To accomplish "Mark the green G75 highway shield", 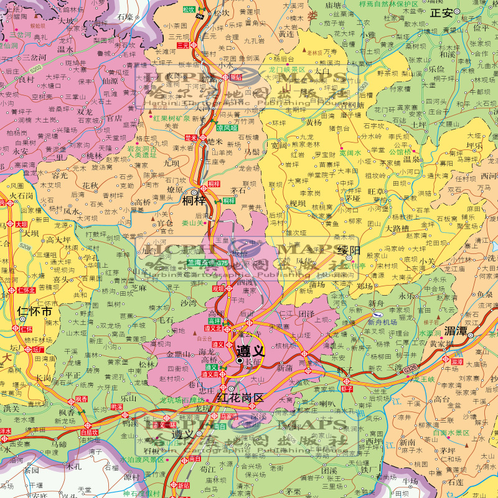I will click(x=222, y=263).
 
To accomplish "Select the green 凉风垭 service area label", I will click(x=227, y=128).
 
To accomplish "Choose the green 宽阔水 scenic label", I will click(x=351, y=151).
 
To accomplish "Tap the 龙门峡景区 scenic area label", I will click(x=287, y=70).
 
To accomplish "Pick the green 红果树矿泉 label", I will click(x=172, y=117).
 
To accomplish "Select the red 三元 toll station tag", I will click(x=182, y=45).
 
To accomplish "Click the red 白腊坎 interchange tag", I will click(x=90, y=431).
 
